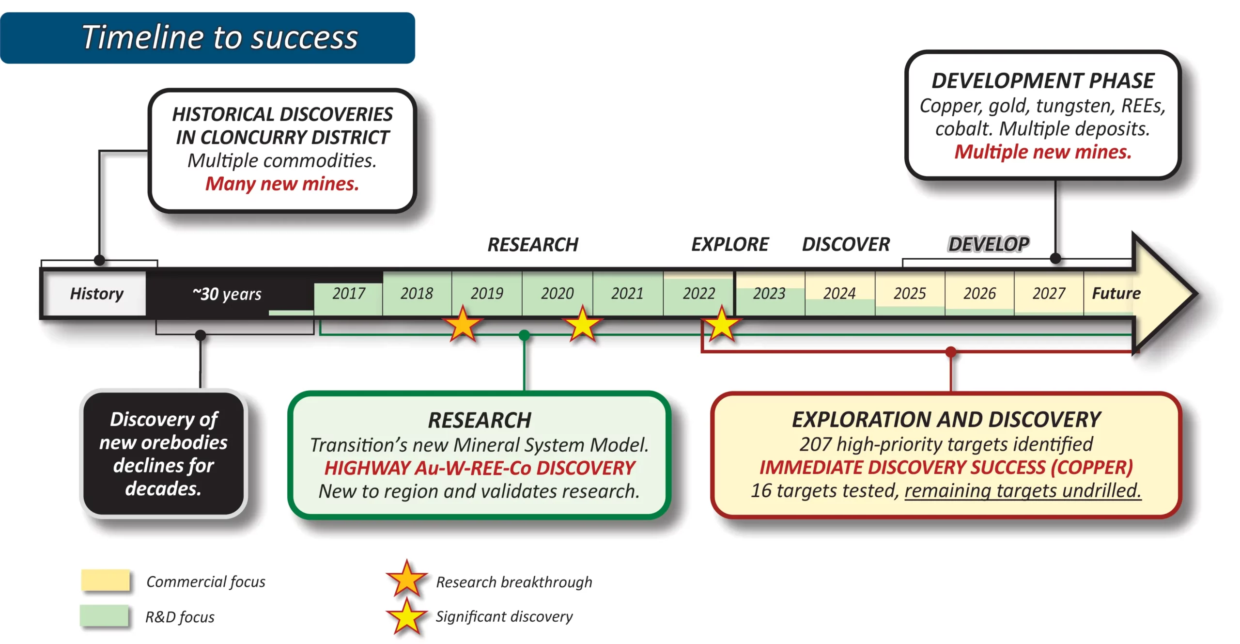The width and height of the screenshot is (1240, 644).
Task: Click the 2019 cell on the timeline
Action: [487, 293]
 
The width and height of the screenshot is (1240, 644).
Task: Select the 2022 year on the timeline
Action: [698, 293]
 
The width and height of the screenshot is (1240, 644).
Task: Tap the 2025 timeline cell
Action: [910, 293]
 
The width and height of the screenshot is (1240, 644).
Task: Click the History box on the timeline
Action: [96, 294]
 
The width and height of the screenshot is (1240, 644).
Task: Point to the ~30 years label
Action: [227, 294]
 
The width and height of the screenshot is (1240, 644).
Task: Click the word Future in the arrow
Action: [1116, 293]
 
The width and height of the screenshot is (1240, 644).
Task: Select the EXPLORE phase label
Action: [730, 244]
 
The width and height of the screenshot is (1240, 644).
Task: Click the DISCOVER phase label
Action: [846, 244]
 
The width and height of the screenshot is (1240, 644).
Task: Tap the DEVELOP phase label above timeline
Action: [989, 244]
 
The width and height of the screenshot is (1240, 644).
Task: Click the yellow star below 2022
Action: [722, 324]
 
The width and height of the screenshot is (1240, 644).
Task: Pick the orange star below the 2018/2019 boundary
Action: [463, 324]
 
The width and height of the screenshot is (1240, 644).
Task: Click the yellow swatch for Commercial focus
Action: [106, 580]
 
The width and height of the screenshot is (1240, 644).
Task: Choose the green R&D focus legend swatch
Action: [104, 616]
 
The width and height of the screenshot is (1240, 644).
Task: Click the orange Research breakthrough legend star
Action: [407, 579]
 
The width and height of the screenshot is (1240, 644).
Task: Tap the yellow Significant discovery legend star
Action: [407, 616]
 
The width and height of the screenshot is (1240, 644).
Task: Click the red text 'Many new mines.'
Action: [282, 184]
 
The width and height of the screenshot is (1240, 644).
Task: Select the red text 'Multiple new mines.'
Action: [1043, 152]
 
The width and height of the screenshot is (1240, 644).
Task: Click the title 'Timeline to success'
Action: [219, 37]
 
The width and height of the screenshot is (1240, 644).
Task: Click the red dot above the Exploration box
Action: [951, 352]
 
